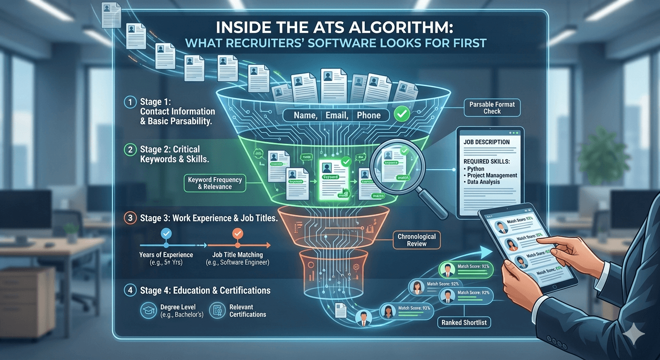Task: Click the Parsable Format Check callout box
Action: (x=492, y=108)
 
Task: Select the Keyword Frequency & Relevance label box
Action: (x=215, y=183)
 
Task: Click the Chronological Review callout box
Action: (x=417, y=240)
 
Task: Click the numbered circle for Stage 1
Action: (x=130, y=102)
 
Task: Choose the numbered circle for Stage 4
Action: (x=130, y=291)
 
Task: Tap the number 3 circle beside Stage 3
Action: (x=130, y=218)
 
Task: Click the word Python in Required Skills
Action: (x=477, y=169)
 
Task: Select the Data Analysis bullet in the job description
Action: (x=483, y=182)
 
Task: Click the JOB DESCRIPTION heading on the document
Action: (x=486, y=142)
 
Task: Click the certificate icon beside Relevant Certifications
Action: (x=217, y=310)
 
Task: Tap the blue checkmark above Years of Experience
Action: (x=165, y=233)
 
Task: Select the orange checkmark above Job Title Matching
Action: (x=238, y=233)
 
